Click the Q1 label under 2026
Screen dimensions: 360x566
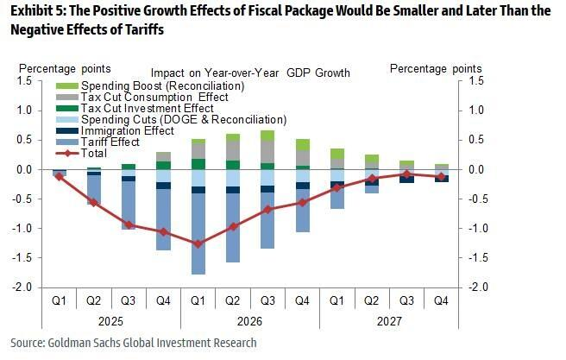coord(198,301)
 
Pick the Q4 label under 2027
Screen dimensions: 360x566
coord(441,301)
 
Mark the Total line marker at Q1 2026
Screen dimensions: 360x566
coord(198,244)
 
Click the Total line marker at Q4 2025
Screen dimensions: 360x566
coord(163,231)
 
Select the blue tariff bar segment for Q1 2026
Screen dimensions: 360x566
coord(198,233)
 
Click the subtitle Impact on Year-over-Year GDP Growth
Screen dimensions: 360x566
coord(250,73)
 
